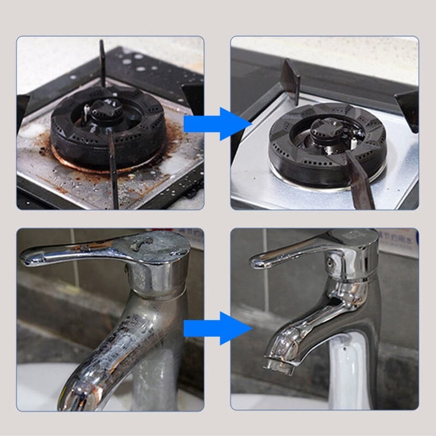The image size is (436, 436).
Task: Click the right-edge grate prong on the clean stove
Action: pos(409,109)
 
